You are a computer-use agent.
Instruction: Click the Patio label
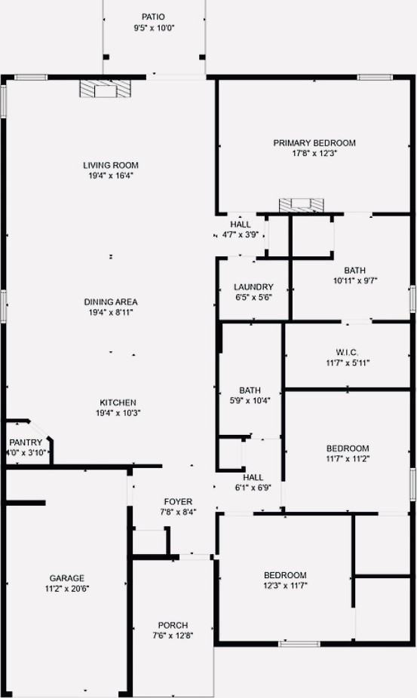tap(153, 17)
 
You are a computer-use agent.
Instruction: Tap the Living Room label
tap(111, 165)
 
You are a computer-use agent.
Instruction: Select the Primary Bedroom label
tap(314, 142)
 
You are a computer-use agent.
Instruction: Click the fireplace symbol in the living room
tap(99, 90)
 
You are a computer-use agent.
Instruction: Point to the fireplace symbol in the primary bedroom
tap(302, 205)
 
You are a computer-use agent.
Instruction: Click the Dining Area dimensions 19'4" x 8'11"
tap(111, 312)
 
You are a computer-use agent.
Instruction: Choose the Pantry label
tap(26, 442)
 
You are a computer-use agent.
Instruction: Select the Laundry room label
tap(253, 287)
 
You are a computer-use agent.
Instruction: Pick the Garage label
tap(67, 578)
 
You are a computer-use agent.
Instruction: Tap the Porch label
tap(173, 625)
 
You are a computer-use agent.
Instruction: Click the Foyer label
tap(178, 501)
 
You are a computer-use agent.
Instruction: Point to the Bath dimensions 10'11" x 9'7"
tap(354, 280)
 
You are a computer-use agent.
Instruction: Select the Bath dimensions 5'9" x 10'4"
tap(250, 400)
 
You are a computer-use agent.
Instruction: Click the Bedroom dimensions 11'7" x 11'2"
tap(348, 458)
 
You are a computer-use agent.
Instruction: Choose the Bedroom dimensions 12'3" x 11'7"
tap(285, 585)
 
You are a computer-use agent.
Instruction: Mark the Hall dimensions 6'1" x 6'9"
tap(253, 487)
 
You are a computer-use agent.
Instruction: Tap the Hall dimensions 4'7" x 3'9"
tap(241, 234)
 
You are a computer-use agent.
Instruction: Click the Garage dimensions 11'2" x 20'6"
tap(67, 588)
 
